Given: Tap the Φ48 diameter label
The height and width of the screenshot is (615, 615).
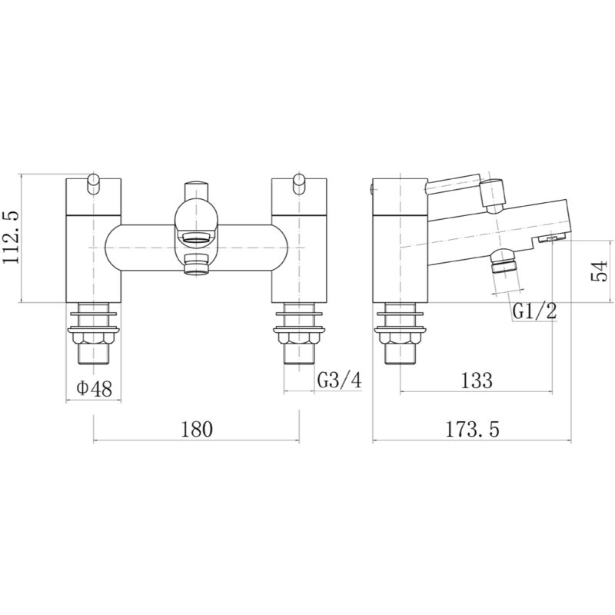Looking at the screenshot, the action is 94,389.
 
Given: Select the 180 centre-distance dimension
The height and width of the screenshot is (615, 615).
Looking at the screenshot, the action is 197,429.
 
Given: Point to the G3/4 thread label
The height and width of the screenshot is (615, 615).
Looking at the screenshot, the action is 339,380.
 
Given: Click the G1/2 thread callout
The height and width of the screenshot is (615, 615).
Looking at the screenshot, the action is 534,311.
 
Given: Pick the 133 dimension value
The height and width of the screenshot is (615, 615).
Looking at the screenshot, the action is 476,380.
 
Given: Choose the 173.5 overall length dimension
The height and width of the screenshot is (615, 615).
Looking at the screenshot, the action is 472,429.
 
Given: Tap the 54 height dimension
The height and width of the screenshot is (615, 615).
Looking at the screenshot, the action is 599,271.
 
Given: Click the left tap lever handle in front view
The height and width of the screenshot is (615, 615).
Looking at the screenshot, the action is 94,184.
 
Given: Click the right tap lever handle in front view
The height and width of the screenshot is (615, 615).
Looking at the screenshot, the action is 299,184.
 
